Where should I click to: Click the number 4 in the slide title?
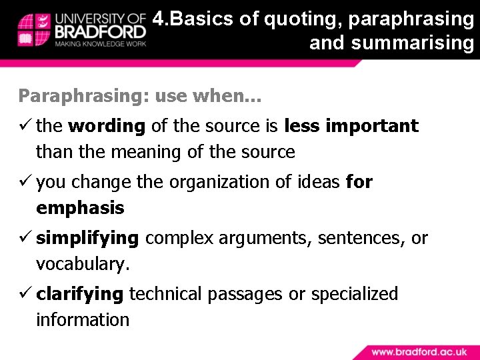click(158, 19)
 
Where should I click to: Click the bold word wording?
click(106, 126)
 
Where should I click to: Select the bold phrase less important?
click(351, 126)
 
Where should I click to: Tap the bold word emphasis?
click(80, 208)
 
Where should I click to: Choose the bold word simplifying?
click(87, 238)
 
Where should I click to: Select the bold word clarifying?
click(80, 294)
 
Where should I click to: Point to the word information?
click(83, 320)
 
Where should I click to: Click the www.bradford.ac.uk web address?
click(419, 351)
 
